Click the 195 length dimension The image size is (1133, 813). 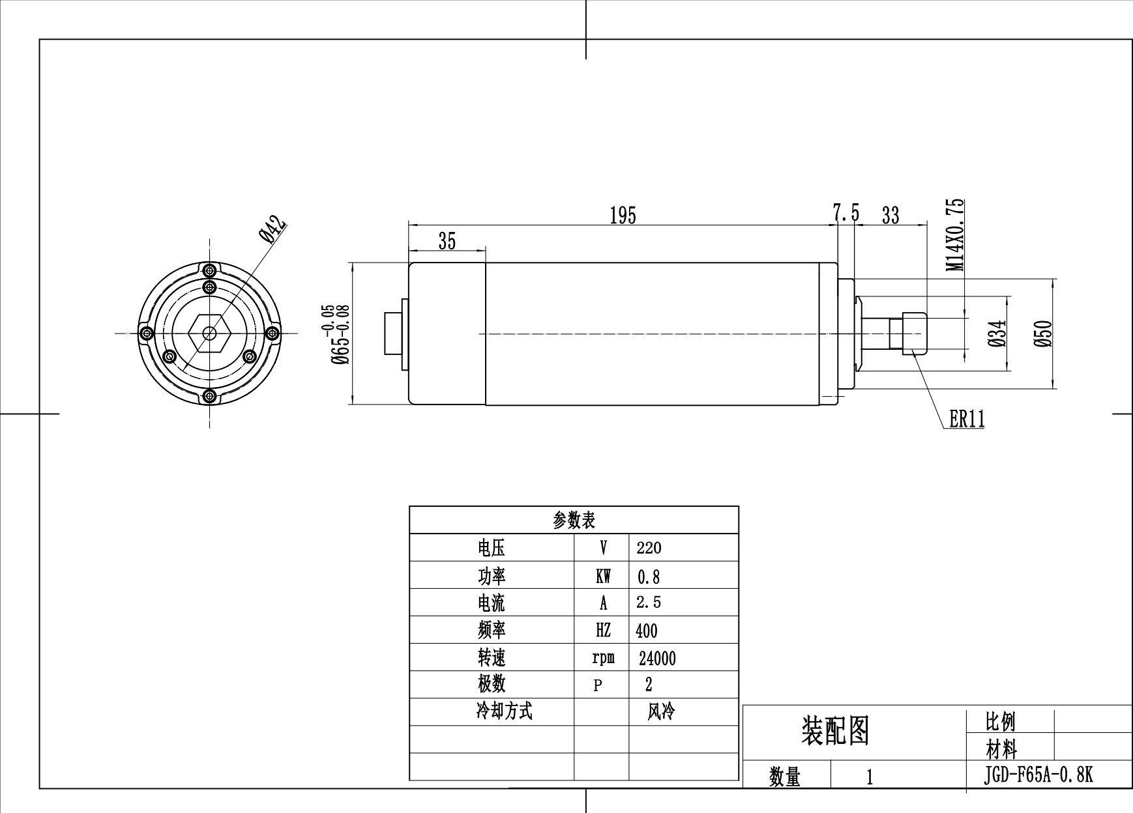(x=623, y=215)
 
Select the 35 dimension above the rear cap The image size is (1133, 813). (x=447, y=241)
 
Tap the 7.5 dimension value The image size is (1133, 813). (x=846, y=213)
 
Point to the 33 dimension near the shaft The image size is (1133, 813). (x=890, y=215)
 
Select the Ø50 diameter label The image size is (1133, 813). (x=1044, y=334)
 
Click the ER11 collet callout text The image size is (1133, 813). (x=967, y=419)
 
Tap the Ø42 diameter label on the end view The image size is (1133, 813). (x=272, y=229)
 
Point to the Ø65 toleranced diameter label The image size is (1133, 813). (x=340, y=334)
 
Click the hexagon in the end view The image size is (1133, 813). (x=209, y=333)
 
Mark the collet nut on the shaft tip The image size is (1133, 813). (x=914, y=333)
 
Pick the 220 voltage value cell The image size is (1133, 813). (x=649, y=548)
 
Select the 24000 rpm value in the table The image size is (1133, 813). (x=657, y=659)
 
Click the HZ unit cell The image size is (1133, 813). (x=603, y=631)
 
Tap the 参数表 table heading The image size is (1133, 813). (x=574, y=520)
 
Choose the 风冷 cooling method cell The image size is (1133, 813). (x=660, y=712)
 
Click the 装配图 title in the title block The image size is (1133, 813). (x=835, y=730)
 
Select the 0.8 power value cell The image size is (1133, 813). (x=648, y=577)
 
